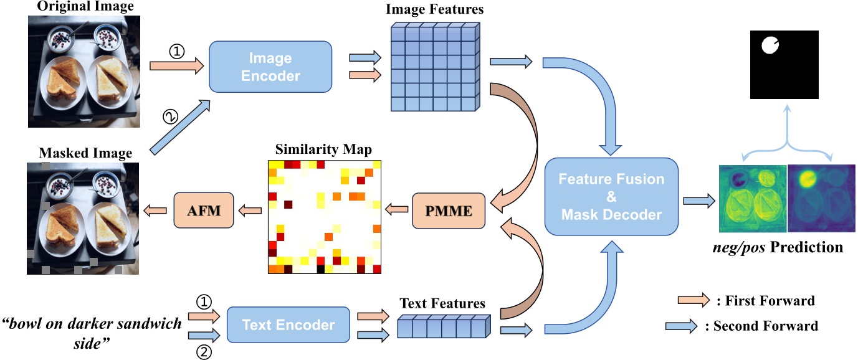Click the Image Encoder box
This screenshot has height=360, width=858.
pyautogui.click(x=270, y=68)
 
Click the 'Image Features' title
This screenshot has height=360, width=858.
pyautogui.click(x=435, y=9)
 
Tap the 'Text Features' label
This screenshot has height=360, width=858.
pyautogui.click(x=442, y=304)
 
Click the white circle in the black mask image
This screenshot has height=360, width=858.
pyautogui.click(x=769, y=45)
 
